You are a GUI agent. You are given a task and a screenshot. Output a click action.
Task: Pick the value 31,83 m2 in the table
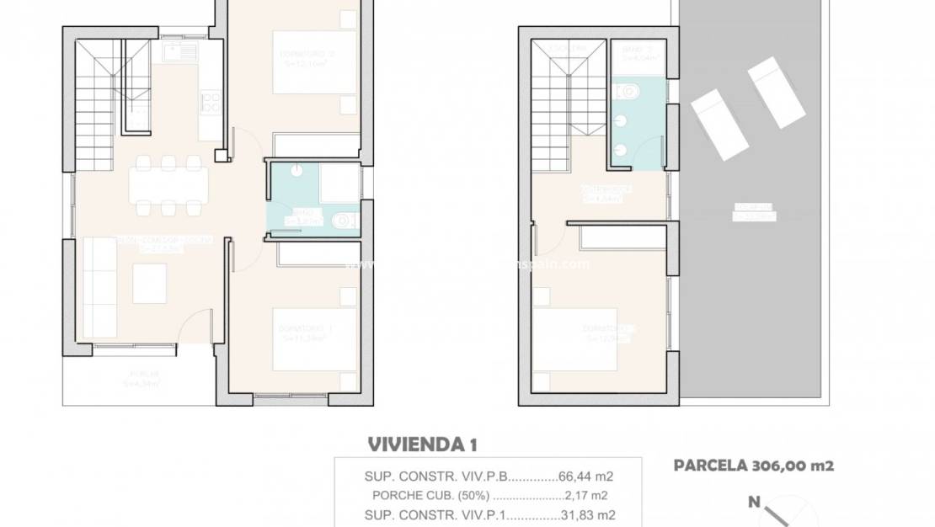(x=587, y=514)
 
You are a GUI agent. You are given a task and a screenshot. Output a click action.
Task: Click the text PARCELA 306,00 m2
(x=753, y=465)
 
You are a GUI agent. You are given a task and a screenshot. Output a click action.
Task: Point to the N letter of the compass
(x=754, y=503)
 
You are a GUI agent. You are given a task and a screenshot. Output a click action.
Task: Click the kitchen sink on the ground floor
(x=181, y=53)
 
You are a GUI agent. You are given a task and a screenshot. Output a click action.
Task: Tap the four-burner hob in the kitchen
(x=211, y=103)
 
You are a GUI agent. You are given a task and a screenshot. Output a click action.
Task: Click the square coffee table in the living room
(x=150, y=283)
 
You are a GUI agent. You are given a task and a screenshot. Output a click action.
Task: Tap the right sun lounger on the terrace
(x=776, y=92)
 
